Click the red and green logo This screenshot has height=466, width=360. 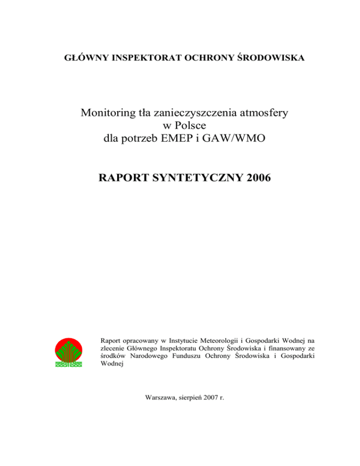[x=69, y=353]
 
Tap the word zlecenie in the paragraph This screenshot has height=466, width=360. [x=112, y=348]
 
